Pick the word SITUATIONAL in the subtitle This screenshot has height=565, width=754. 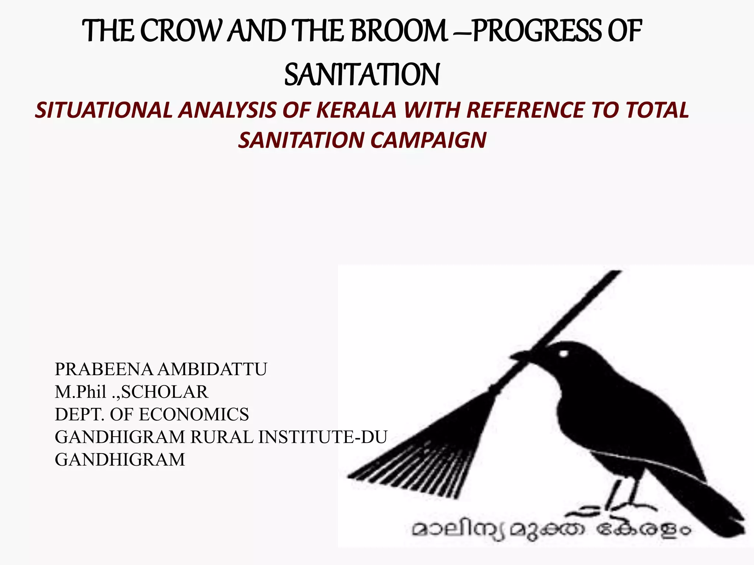click(x=103, y=110)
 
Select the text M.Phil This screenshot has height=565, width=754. click(x=81, y=392)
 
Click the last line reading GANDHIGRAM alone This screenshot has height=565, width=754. click(x=120, y=460)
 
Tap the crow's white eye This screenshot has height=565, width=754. click(x=563, y=353)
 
